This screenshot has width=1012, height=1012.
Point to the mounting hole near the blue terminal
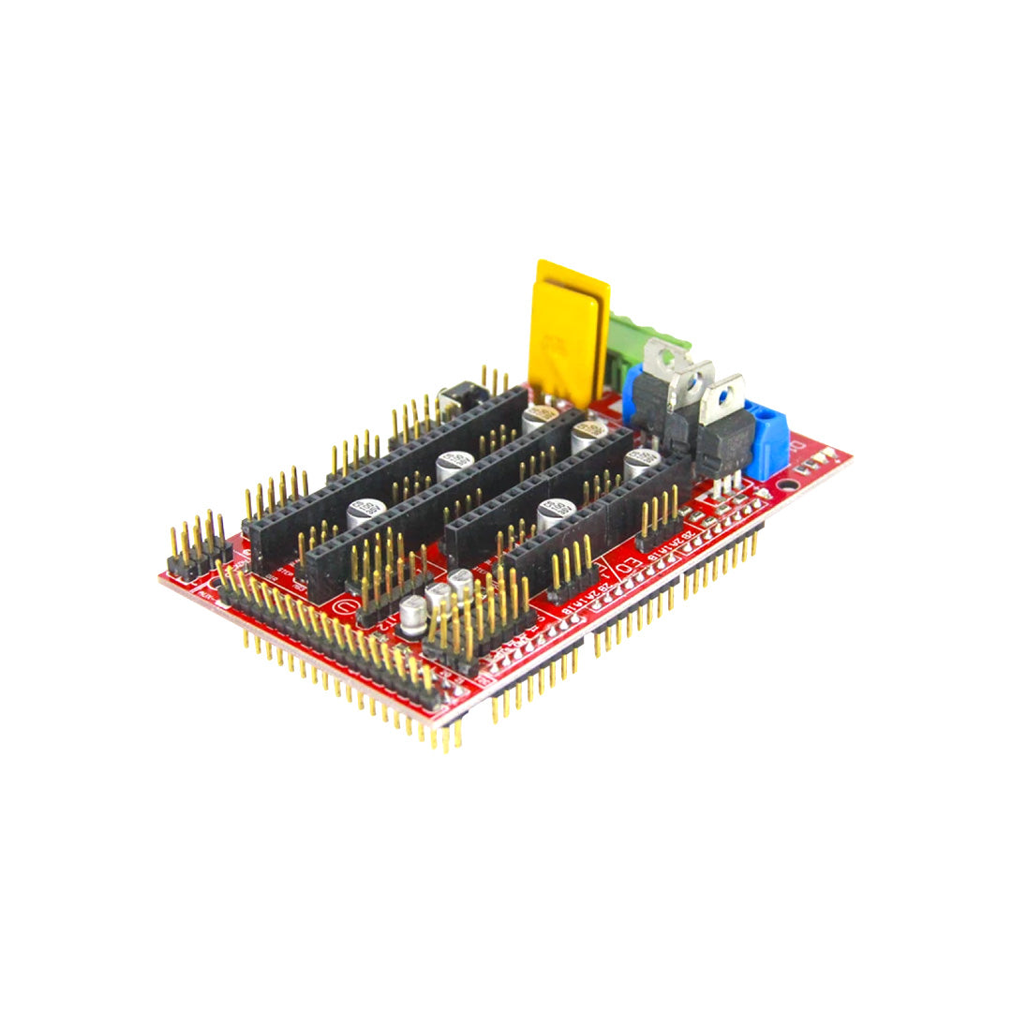tap(789, 486)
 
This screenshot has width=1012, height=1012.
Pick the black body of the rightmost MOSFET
tap(725, 440)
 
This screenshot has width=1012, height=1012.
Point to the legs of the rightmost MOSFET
tap(726, 483)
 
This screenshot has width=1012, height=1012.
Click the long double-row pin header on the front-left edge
tap(328, 637)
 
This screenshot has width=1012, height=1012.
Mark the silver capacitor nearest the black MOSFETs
tap(642, 460)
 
